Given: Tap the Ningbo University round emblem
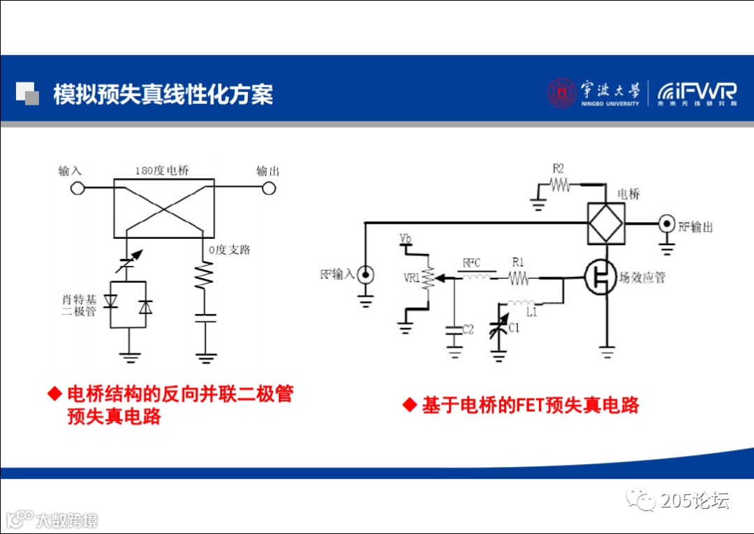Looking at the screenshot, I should (x=561, y=93).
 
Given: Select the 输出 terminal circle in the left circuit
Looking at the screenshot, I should (x=268, y=188).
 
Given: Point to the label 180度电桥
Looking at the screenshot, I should (x=162, y=171).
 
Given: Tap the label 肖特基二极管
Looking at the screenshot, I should (x=79, y=305).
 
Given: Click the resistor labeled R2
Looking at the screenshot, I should (x=560, y=185).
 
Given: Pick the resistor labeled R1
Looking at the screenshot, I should (x=519, y=279).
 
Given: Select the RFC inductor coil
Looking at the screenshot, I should (x=477, y=278).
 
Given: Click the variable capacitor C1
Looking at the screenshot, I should (x=498, y=328).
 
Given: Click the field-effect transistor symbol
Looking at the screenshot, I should (x=600, y=277).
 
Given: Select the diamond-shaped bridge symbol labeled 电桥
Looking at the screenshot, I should (x=605, y=224).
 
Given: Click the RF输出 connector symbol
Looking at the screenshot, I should (x=667, y=225).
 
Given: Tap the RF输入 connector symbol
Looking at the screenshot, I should (x=365, y=275).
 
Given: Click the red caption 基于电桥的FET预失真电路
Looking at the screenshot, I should (x=531, y=406).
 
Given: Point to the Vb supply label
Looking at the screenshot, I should (x=405, y=239).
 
